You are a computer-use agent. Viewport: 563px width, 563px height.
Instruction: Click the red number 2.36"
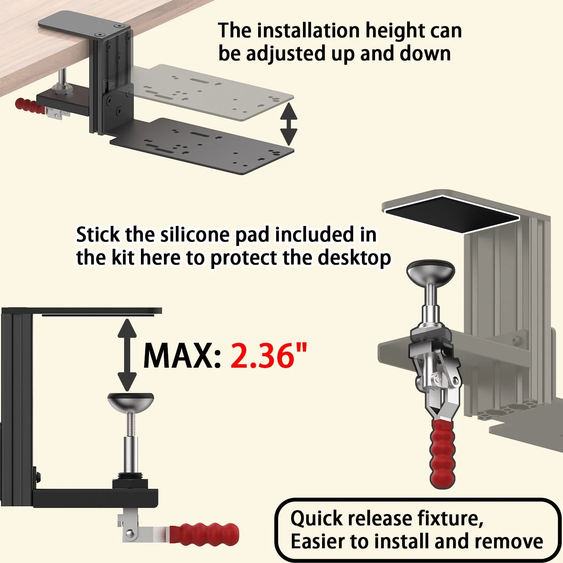(x=269, y=356)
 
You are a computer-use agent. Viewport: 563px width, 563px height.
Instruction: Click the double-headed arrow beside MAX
(x=127, y=355)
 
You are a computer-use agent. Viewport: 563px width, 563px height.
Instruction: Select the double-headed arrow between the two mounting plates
(x=289, y=124)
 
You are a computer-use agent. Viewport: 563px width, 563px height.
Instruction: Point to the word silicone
(x=196, y=235)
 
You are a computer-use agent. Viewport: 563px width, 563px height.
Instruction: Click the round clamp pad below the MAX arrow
(x=131, y=401)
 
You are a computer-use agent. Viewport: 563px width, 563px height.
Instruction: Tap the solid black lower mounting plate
(x=201, y=146)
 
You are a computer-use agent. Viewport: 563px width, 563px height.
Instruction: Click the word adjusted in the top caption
(x=286, y=54)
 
